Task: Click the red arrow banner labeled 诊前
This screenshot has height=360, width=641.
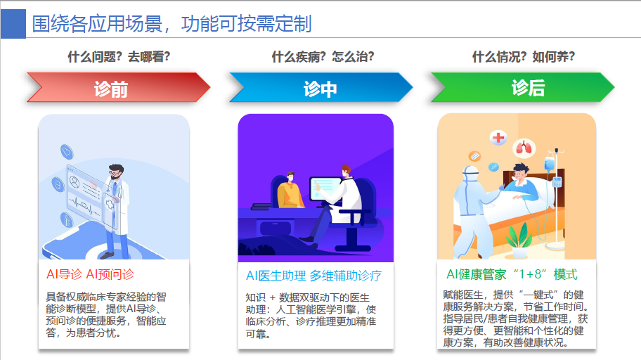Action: [x=119, y=87]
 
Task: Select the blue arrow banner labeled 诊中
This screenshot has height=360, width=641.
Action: [x=321, y=87]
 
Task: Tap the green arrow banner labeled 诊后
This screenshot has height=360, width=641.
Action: [x=523, y=87]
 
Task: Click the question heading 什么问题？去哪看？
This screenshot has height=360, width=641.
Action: [x=119, y=56]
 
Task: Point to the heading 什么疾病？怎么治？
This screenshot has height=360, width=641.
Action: [x=323, y=56]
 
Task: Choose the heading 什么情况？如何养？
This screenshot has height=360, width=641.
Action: [x=524, y=56]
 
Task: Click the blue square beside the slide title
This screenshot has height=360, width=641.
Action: [x=13, y=24]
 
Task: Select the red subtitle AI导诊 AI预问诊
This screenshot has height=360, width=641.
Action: [x=90, y=274]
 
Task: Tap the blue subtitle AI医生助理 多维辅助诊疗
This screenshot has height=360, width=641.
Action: [x=313, y=276]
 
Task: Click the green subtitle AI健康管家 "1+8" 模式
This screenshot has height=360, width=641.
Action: [x=512, y=274]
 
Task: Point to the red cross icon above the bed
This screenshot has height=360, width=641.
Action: [x=498, y=137]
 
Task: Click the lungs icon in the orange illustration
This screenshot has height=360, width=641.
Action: [x=524, y=148]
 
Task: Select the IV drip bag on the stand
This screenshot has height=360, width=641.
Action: [x=550, y=163]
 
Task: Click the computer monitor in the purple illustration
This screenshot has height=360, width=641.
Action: [x=325, y=188]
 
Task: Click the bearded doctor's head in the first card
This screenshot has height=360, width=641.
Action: [x=116, y=172]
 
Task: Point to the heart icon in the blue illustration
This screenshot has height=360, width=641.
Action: [x=67, y=152]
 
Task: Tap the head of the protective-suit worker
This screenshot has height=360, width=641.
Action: [x=470, y=174]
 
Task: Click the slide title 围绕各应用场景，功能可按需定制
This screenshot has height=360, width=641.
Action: [x=172, y=24]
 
